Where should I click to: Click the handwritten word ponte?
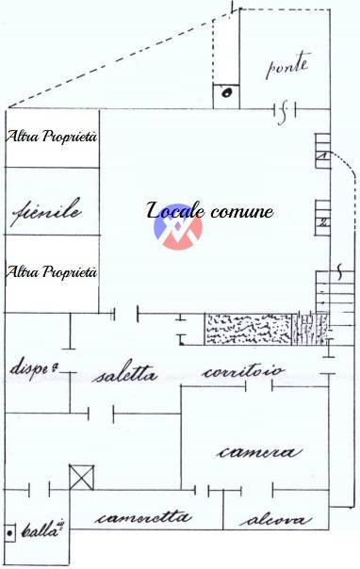[x=286, y=67]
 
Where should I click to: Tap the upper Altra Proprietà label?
[x=52, y=137]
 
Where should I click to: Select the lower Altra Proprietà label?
[x=52, y=272]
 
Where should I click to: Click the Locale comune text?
[x=210, y=210]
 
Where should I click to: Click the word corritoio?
[x=243, y=372]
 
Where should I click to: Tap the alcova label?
[x=269, y=519]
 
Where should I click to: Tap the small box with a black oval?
[x=226, y=92]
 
